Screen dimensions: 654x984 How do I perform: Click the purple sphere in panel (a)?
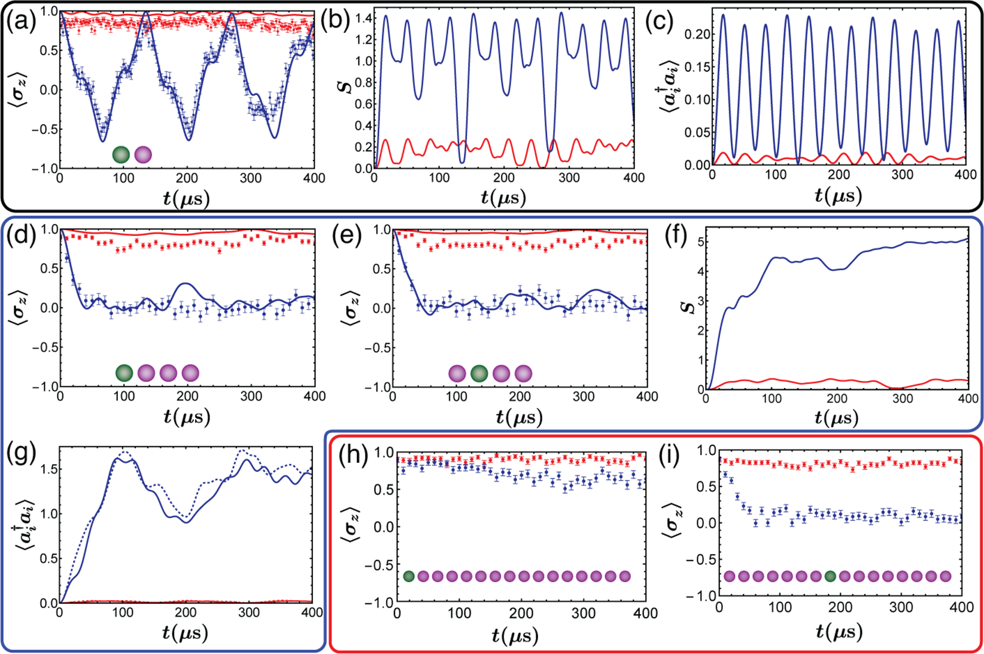point(143,155)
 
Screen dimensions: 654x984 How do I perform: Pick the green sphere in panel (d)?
point(124,373)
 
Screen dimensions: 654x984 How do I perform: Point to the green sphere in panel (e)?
point(479,373)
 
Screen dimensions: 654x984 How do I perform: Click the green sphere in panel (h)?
point(409,576)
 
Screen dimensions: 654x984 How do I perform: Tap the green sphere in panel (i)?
point(830,576)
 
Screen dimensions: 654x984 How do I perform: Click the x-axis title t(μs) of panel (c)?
point(838,196)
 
